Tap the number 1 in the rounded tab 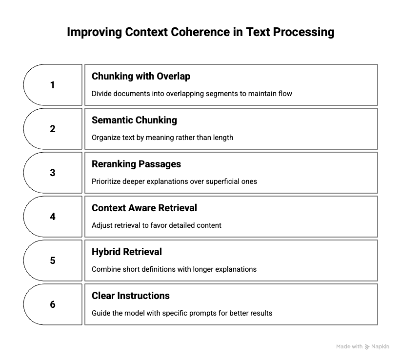pos(52,85)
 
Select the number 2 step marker pos(52,129)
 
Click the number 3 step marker pos(52,173)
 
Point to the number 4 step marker pos(52,217)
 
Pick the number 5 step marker pos(52,260)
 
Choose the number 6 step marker pos(52,304)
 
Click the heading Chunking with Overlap pos(141,76)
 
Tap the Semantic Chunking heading pos(134,120)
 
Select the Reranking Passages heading pos(136,164)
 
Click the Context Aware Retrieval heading pos(144,208)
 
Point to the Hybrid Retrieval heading pos(127,252)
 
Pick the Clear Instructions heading pos(131,296)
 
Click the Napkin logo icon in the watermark pos(367,347)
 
